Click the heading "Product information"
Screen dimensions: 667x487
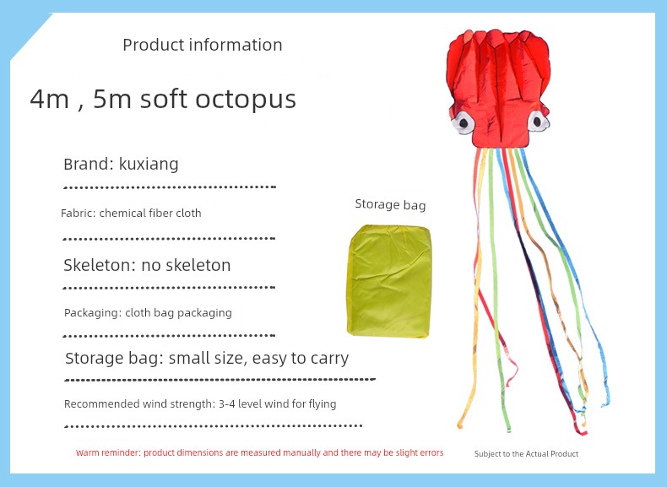pyautogui.click(x=203, y=45)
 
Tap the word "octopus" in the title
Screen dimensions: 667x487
pyautogui.click(x=246, y=100)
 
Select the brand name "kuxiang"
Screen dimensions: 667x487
pyautogui.click(x=149, y=165)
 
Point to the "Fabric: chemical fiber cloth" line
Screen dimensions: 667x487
pyautogui.click(x=131, y=213)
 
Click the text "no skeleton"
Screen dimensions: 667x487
pyautogui.click(x=186, y=265)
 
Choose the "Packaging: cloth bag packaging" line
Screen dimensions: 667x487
pyautogui.click(x=148, y=313)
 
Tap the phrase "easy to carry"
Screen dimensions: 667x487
pyautogui.click(x=301, y=359)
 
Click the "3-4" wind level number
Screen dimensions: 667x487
pyautogui.click(x=227, y=403)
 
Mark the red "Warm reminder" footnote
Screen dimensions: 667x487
pyautogui.click(x=259, y=452)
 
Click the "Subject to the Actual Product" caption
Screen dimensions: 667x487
pyautogui.click(x=526, y=454)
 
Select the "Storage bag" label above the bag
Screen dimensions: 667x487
pyautogui.click(x=391, y=204)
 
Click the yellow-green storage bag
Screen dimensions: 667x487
pyautogui.click(x=389, y=281)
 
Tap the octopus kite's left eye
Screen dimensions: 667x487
pyautogui.click(x=463, y=123)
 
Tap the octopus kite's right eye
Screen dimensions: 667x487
pyautogui.click(x=538, y=122)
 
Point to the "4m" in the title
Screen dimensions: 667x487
pyautogui.click(x=49, y=99)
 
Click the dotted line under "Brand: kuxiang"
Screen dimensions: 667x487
pyautogui.click(x=170, y=187)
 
